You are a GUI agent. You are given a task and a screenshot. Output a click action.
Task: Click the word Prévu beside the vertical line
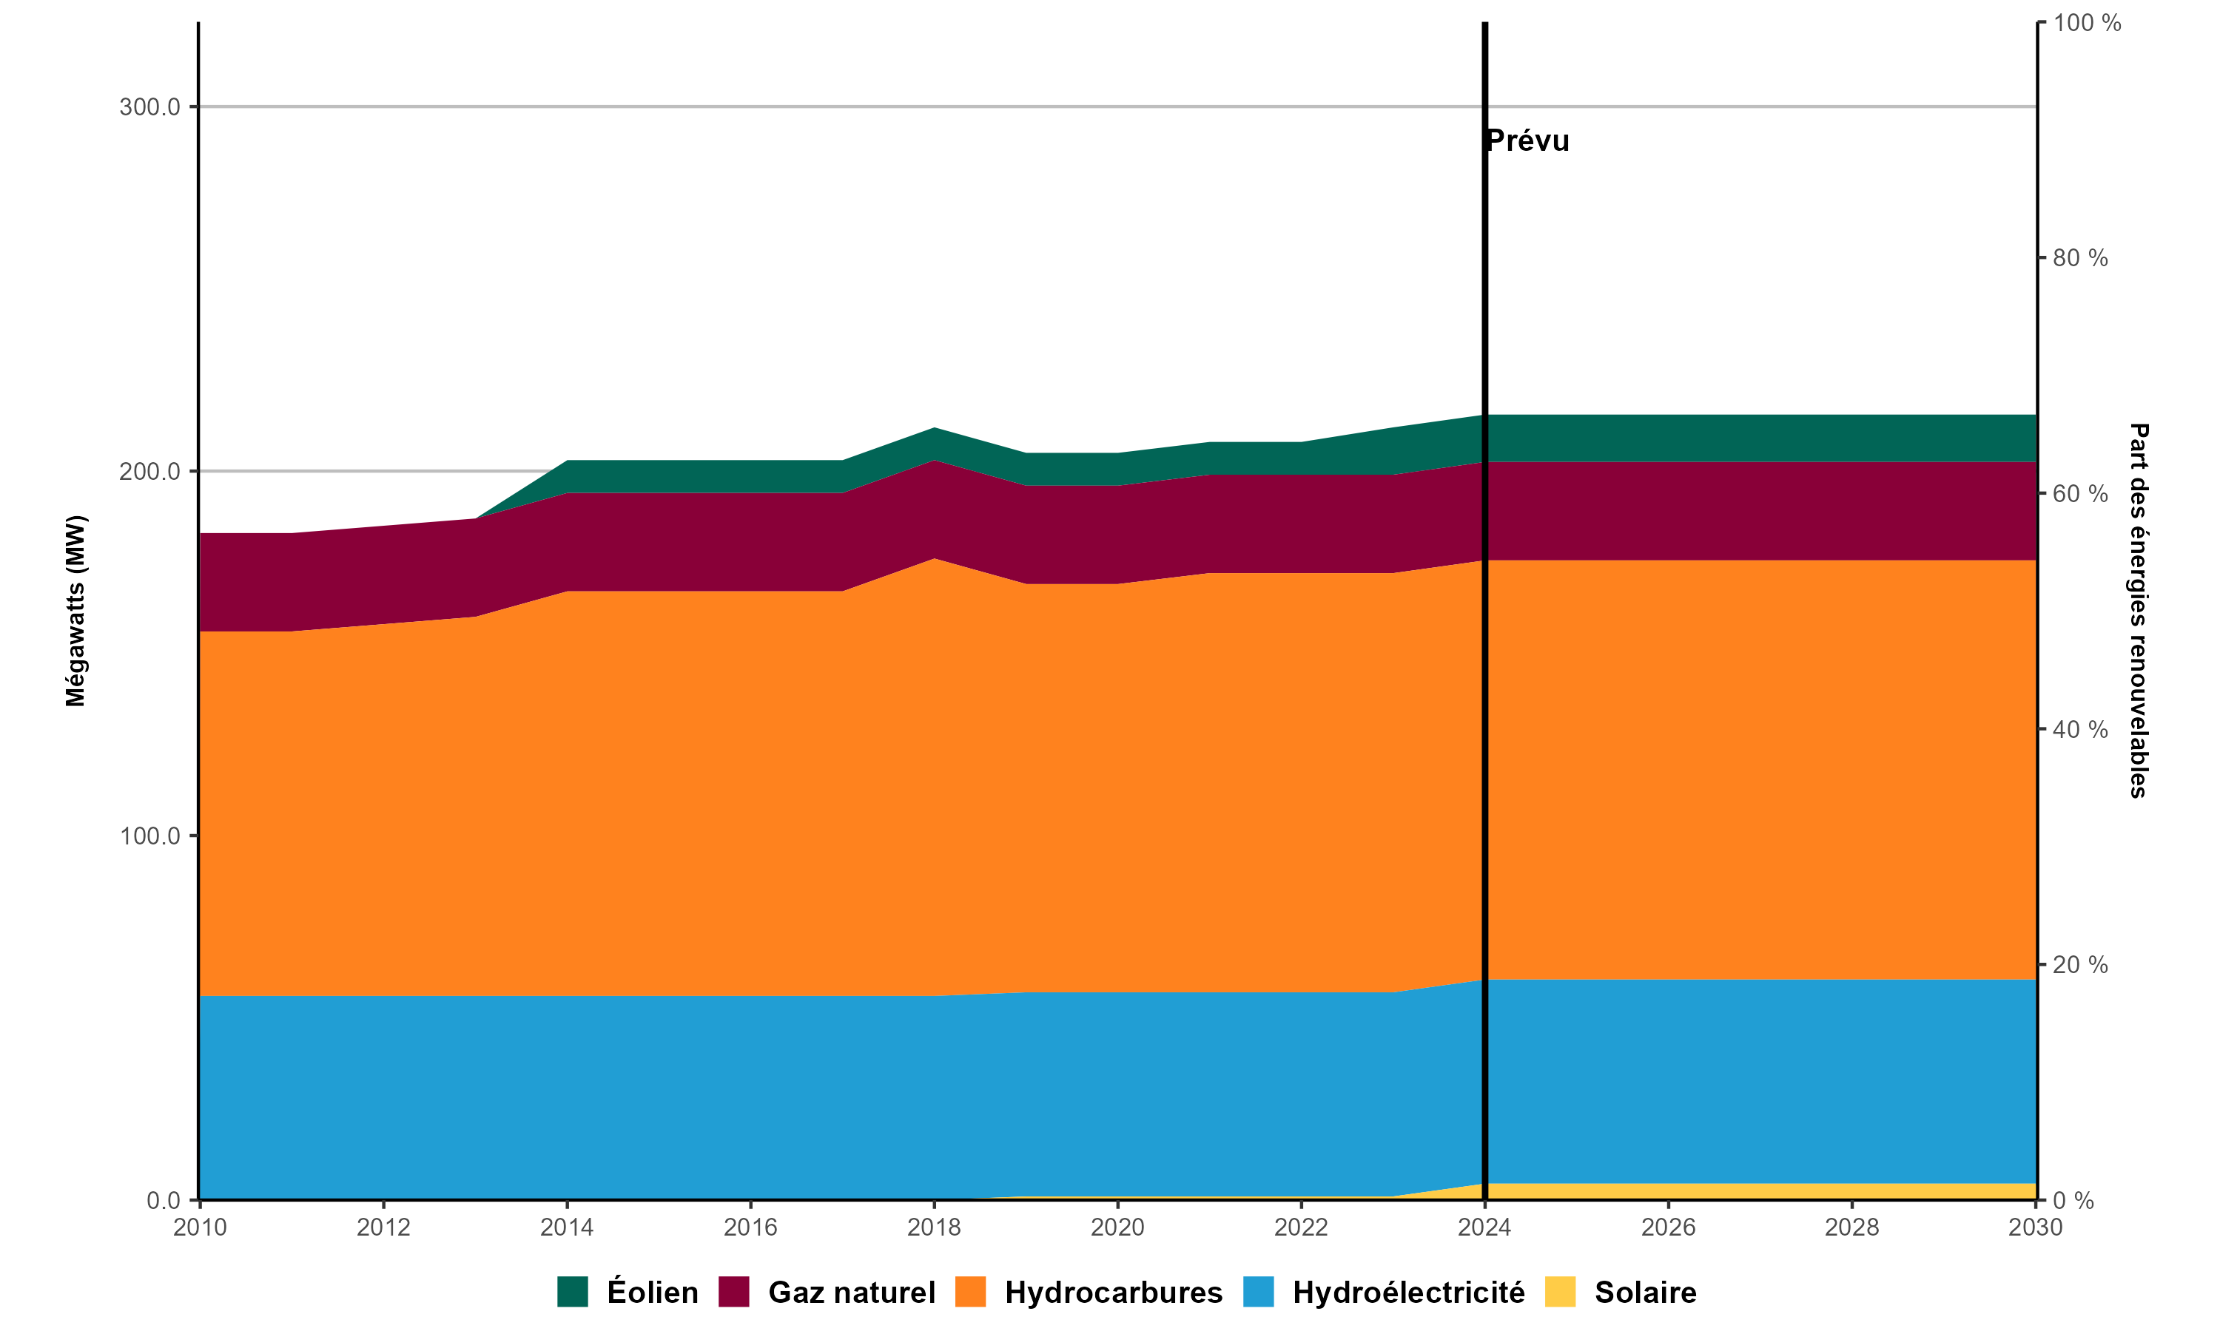click(1528, 140)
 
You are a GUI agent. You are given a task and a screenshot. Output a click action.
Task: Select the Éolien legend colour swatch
click(573, 1292)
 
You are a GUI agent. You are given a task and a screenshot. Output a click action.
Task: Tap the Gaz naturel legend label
click(851, 1293)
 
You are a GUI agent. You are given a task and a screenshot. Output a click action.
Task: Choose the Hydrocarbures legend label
click(1113, 1293)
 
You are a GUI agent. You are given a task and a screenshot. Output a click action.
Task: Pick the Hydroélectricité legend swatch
click(1258, 1292)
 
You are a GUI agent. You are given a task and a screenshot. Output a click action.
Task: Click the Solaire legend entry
click(1645, 1293)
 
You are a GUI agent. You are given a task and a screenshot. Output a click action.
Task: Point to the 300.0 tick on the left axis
click(150, 106)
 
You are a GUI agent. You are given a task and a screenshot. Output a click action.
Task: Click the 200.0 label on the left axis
click(150, 471)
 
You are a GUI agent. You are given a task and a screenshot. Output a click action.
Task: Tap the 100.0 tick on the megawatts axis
click(150, 836)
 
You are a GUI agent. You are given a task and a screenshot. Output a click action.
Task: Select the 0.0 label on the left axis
click(164, 1200)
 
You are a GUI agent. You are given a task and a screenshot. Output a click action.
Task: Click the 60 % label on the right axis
click(2080, 493)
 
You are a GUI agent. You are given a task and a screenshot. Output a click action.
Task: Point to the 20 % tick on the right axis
click(2080, 964)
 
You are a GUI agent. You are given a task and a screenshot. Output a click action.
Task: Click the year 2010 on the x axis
click(199, 1227)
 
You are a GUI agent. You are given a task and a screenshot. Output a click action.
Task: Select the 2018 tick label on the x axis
click(934, 1227)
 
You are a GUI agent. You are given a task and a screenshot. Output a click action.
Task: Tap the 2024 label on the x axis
click(1484, 1227)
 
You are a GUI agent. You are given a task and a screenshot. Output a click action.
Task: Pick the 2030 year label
click(2035, 1227)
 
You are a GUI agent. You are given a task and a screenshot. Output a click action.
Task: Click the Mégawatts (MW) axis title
click(75, 611)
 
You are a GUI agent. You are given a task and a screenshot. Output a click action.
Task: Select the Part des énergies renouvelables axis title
click(2139, 611)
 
